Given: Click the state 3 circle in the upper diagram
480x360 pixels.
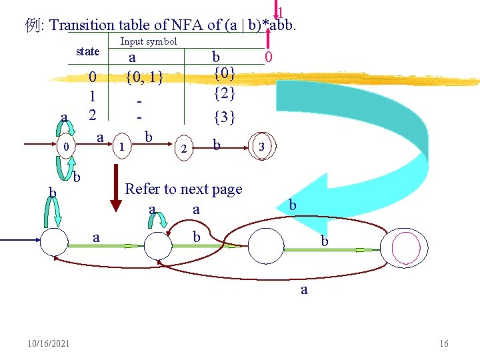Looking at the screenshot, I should click(261, 146).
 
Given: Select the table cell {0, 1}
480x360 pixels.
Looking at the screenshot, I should click(145, 77).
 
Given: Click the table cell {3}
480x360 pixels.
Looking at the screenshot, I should click(224, 117).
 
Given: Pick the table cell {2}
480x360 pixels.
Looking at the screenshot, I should click(223, 94).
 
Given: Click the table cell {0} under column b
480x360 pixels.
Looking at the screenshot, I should click(223, 71).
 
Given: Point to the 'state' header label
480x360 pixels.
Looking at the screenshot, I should click(88, 51).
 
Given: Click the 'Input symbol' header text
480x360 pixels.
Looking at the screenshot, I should click(148, 41).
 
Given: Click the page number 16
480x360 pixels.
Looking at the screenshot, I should click(444, 343).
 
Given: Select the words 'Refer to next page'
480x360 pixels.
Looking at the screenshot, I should click(184, 189).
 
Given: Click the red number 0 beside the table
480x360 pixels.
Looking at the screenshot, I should click(268, 58).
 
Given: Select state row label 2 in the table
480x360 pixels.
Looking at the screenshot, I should click(93, 114).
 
